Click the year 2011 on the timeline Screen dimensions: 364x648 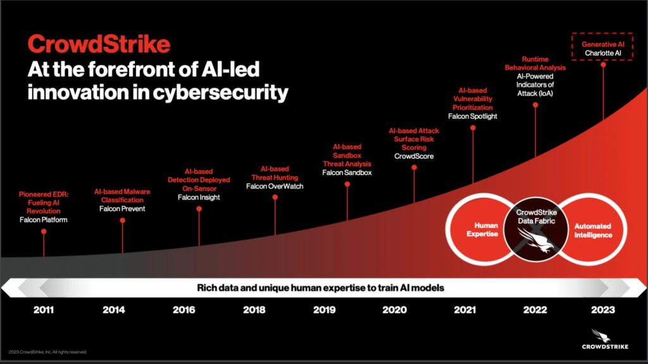click(44, 310)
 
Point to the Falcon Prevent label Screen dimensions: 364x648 click(122, 209)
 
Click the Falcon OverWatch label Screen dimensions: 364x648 click(275, 186)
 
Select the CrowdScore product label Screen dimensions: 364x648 click(414, 156)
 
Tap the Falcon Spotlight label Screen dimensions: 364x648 click(473, 116)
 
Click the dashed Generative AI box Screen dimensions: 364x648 click(602, 49)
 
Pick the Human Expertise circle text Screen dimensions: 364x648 click(487, 230)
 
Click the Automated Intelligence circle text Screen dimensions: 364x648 click(593, 230)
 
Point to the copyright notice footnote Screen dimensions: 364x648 click(47, 352)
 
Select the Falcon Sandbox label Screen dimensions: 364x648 click(347, 173)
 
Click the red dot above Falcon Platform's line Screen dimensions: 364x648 click(44, 232)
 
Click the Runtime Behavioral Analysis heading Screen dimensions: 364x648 click(535, 63)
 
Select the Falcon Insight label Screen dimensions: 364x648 click(199, 197)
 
